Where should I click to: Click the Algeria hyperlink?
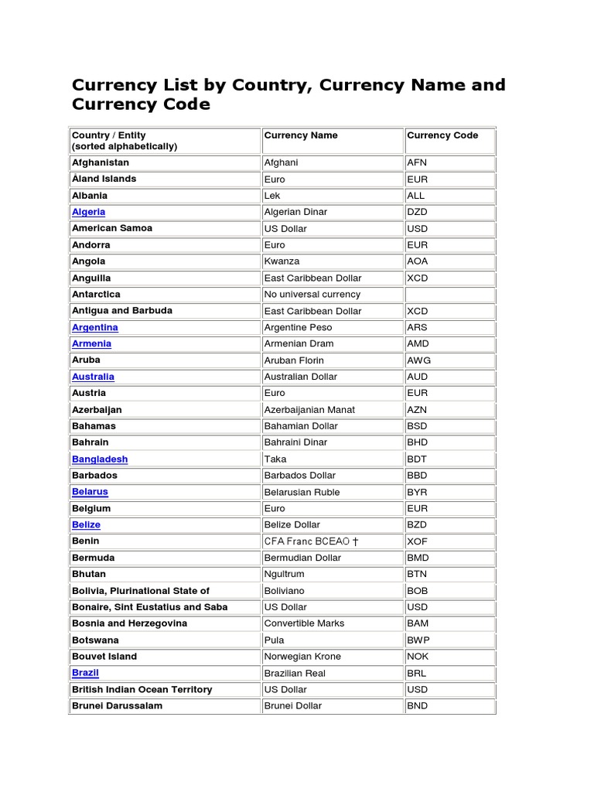(88, 212)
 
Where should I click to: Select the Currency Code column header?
(442, 135)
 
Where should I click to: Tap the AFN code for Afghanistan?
(417, 162)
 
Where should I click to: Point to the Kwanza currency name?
(282, 261)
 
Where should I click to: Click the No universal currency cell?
(312, 294)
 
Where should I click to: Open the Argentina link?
(94, 327)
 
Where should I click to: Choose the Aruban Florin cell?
(294, 360)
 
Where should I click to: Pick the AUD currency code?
(418, 377)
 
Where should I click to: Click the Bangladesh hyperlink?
(100, 459)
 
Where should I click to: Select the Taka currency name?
(275, 459)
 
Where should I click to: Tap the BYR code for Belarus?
(417, 492)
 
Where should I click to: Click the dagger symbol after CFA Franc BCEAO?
(356, 541)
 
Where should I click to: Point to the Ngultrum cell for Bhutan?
(285, 574)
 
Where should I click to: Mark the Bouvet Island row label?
(104, 657)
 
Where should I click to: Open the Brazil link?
(85, 673)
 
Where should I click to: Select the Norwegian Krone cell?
(302, 657)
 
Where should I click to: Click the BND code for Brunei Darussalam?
(418, 705)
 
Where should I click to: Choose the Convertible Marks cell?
(304, 623)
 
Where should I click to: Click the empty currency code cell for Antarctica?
(449, 294)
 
